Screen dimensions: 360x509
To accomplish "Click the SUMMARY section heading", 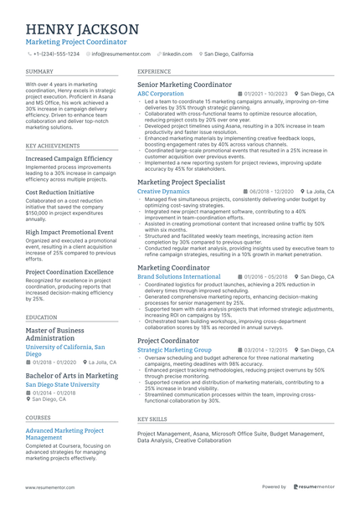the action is point(39,72).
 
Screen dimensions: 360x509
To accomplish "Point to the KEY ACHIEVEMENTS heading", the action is point(53,145).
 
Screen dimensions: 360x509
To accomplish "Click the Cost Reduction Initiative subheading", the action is point(60,192).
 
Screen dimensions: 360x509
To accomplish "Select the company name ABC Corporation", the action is point(161,94).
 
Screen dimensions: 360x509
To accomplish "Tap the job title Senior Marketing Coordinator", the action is point(184,85).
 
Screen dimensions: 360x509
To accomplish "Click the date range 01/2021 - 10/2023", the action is point(265,94).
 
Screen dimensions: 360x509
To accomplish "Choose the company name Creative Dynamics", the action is point(163,191).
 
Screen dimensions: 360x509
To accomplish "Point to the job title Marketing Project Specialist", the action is point(181,182).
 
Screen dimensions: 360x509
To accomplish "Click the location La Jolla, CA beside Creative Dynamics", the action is point(321,191).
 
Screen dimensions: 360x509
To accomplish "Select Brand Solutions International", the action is point(179,276).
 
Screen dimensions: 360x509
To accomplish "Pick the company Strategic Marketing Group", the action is point(174,349).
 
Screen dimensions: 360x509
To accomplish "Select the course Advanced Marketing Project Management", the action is point(65,433).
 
